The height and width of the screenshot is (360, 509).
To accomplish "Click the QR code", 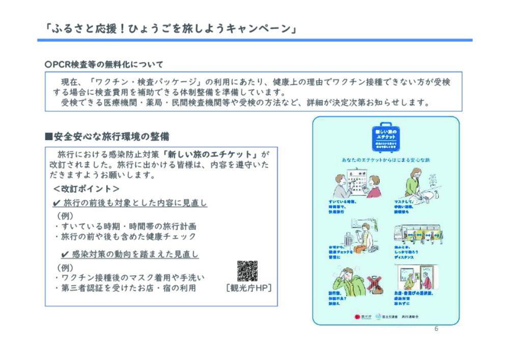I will pyautogui.click(x=247, y=271).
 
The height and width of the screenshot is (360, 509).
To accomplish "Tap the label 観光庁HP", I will pyautogui.click(x=248, y=289).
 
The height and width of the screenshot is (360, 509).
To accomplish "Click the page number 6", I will pyautogui.click(x=436, y=329).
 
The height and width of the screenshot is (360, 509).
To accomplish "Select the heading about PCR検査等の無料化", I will pyautogui.click(x=104, y=65).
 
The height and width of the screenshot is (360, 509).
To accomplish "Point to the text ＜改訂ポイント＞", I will pyautogui.click(x=86, y=189).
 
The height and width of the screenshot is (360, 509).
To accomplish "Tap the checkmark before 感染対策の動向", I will pyautogui.click(x=65, y=254).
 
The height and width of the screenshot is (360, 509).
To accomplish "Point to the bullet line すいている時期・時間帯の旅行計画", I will pyautogui.click(x=125, y=226).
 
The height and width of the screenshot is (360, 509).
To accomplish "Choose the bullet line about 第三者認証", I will pyautogui.click(x=125, y=288).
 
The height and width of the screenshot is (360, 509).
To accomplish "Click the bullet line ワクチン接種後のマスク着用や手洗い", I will pyautogui.click(x=129, y=278).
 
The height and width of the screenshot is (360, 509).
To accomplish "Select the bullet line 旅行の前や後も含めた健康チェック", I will pyautogui.click(x=125, y=237).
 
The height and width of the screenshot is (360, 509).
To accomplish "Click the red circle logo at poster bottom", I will pyautogui.click(x=357, y=317).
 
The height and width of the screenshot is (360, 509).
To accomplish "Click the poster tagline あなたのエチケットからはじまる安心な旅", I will pyautogui.click(x=385, y=160).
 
